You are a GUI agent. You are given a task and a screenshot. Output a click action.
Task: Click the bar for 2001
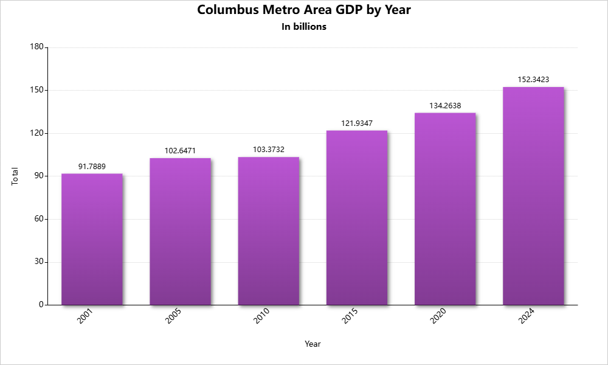(x=92, y=239)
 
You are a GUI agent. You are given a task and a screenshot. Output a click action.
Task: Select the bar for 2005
(x=180, y=231)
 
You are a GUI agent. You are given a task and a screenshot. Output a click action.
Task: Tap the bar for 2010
(x=268, y=231)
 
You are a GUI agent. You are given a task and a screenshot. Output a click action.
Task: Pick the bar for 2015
(x=357, y=217)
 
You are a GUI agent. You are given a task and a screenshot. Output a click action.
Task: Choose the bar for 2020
(x=445, y=209)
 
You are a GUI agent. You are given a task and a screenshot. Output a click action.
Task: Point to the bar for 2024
(x=533, y=196)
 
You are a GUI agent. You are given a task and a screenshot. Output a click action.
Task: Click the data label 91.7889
(x=92, y=166)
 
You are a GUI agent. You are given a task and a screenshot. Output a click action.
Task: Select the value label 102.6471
(x=180, y=150)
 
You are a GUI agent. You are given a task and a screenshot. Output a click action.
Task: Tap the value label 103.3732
(x=268, y=149)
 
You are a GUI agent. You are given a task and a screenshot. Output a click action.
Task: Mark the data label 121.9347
(x=357, y=123)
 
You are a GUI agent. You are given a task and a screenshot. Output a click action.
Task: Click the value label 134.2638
(x=445, y=105)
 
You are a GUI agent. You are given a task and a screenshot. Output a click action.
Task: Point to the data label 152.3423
(x=533, y=79)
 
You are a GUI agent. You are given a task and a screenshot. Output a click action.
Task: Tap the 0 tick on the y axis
(x=41, y=304)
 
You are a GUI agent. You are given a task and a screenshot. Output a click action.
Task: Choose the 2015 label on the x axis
(x=350, y=316)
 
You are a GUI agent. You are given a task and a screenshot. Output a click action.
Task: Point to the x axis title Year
(x=313, y=344)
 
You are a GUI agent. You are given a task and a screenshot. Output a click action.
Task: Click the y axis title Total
(x=15, y=176)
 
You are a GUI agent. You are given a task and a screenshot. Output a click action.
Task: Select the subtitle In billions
(x=304, y=27)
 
